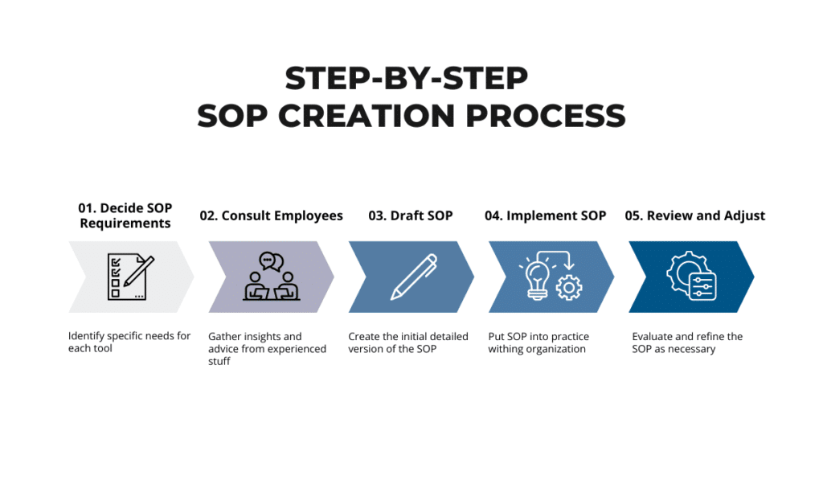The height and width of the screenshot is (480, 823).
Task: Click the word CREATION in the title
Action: coord(366,116)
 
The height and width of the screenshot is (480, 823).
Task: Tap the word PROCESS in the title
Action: coord(546,116)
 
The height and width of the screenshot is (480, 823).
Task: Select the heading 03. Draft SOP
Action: coord(411,215)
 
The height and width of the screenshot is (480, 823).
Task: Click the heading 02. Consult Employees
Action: coord(271,215)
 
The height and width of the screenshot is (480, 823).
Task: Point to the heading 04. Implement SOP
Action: coord(546,215)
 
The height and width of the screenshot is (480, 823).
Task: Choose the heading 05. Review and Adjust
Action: coord(695,215)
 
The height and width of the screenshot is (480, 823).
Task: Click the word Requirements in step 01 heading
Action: coord(125,224)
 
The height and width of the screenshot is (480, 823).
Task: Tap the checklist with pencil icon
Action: coord(130,277)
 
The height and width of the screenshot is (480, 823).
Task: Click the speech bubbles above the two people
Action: coord(272,261)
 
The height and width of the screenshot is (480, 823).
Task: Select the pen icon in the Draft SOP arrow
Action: coord(414,277)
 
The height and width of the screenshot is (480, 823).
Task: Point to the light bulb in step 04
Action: coord(537,279)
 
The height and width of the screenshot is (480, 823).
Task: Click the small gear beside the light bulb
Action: coord(569,287)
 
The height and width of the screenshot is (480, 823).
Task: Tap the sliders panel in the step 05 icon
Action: coord(702,287)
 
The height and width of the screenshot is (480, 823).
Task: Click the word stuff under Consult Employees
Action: coord(219,361)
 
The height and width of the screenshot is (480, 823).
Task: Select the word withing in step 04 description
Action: coord(506,349)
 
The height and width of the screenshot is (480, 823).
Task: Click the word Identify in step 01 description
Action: coord(86,336)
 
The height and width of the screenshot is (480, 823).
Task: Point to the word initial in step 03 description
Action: coord(414,337)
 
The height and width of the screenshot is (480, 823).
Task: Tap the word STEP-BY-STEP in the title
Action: coord(406,78)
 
